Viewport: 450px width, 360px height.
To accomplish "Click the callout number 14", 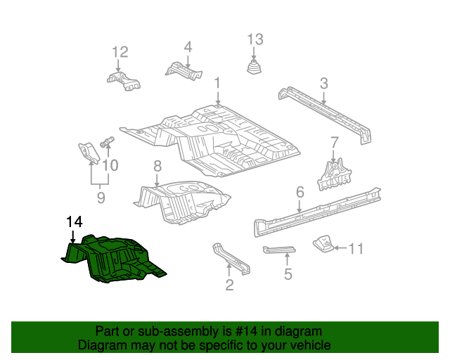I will coord(75,222).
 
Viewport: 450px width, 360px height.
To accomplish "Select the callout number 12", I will coord(120,51).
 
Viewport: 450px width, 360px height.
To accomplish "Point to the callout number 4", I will coord(188,47).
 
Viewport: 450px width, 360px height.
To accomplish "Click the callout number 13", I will coord(255,39).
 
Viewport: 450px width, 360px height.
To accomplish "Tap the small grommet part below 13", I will coord(255,67).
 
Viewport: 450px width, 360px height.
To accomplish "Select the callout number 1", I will coord(218,82).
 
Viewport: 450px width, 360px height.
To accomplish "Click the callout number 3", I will coord(323,84).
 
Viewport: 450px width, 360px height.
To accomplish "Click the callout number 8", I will coord(157,167).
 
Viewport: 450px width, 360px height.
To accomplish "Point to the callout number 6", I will coord(300,191).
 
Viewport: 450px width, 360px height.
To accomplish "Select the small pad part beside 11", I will coord(323,244).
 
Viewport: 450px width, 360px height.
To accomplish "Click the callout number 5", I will coord(288,274).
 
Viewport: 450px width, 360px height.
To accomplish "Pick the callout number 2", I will coord(229,284).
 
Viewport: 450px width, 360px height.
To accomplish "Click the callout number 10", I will coord(111,166).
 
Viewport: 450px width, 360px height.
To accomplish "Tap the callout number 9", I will coord(101,198).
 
